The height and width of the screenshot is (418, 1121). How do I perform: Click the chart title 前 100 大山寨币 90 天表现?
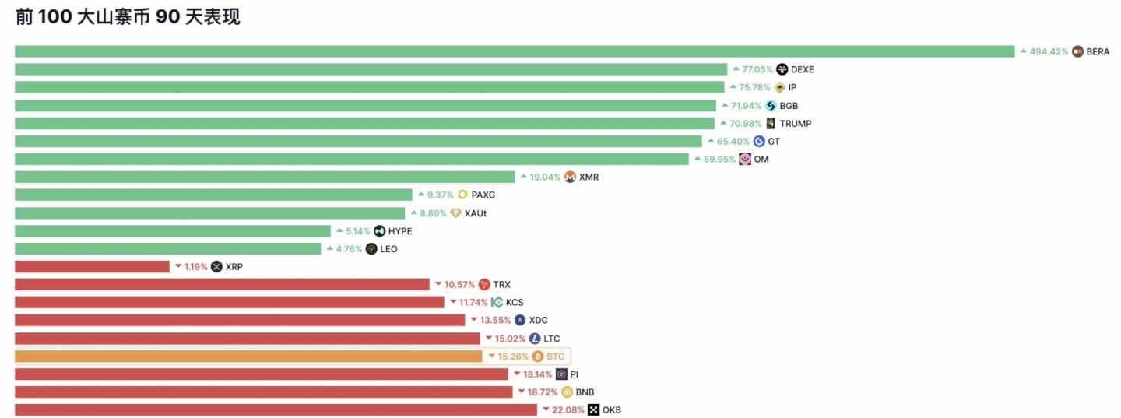[x=128, y=18]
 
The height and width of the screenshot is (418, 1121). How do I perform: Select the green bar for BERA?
[x=514, y=51]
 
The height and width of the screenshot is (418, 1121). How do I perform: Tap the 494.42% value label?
[x=1049, y=52]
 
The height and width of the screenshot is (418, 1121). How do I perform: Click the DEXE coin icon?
[x=782, y=69]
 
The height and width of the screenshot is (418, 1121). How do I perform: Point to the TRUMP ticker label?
[x=795, y=123]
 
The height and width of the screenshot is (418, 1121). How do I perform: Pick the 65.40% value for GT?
[x=733, y=142]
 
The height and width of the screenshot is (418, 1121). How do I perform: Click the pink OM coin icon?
[x=745, y=160]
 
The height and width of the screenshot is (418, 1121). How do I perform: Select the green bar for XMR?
[x=265, y=177]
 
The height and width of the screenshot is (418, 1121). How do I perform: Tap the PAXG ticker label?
[x=483, y=195]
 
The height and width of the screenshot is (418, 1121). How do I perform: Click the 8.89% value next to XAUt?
[x=433, y=213]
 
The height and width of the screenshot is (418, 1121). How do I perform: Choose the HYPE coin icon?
[x=379, y=231]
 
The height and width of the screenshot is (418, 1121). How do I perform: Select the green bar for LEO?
[x=167, y=249]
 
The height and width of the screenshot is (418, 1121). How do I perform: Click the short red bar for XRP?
[x=92, y=267]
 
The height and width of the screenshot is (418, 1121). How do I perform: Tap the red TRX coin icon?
[x=484, y=285]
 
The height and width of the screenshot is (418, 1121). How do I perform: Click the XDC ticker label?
[x=538, y=321]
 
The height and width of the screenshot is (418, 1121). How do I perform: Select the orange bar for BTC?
[x=248, y=357]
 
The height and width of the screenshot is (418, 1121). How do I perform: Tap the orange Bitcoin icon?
[x=537, y=357]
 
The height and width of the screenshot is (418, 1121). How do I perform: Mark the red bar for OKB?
[x=276, y=410]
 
